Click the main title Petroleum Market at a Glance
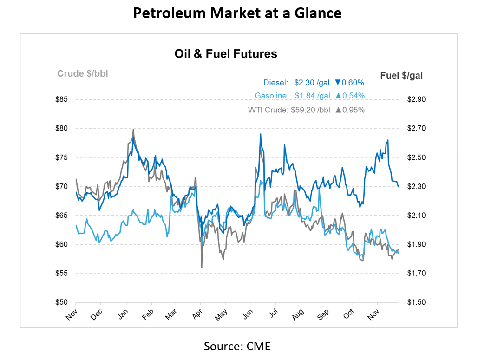coord(237,13)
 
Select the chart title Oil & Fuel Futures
coord(226,54)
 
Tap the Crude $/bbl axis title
coord(83,73)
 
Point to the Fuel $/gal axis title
coord(401,75)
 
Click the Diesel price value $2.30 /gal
coord(312,83)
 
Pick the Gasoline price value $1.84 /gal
coord(312,96)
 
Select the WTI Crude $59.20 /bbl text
coord(289,110)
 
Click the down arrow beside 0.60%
coord(338,83)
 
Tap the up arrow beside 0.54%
coord(338,96)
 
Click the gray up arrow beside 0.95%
coord(338,110)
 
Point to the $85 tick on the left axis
coord(61,99)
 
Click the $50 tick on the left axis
coord(61,302)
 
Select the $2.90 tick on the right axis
coord(415,99)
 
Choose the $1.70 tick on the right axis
coord(415,274)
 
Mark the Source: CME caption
coord(237,346)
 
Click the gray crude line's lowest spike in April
coord(202,267)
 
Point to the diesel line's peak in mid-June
coord(260,134)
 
